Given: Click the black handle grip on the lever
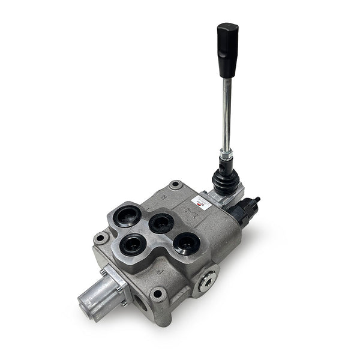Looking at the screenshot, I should (227, 50).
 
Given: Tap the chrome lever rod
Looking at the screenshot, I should (226, 114).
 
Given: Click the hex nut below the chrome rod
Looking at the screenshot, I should (226, 157).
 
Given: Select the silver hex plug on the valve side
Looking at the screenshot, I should (208, 280).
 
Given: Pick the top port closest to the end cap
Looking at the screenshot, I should (132, 244).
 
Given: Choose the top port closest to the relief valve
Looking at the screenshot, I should (187, 243).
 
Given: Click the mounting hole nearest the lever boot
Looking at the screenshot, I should (175, 185).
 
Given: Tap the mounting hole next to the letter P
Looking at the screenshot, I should (158, 294).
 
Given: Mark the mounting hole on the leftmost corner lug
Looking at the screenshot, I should (100, 238).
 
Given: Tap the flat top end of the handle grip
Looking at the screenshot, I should (228, 27).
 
